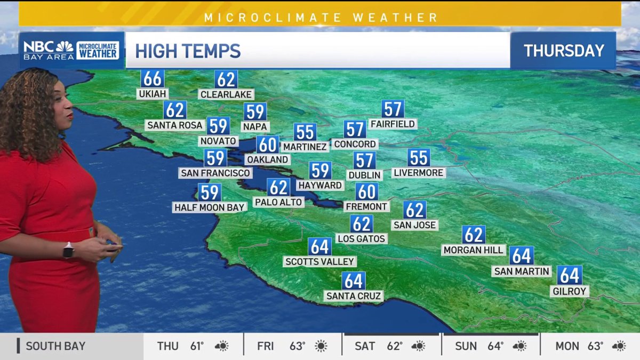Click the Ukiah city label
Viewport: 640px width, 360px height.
tap(153, 94)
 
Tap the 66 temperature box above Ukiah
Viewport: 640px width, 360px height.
tap(153, 79)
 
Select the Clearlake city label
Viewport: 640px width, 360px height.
tap(226, 94)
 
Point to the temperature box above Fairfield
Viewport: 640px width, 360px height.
tap(393, 109)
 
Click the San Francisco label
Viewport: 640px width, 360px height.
tap(215, 173)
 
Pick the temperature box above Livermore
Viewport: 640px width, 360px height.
tap(419, 158)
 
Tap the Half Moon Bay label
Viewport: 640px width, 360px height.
tap(210, 207)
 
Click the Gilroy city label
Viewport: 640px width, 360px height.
tap(570, 291)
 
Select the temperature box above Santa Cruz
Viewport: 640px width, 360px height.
tap(354, 281)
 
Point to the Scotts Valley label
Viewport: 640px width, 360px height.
tap(320, 261)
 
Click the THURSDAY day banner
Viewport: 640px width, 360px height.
tap(564, 51)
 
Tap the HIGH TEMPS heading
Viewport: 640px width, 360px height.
tap(188, 51)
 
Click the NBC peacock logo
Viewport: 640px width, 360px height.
tap(65, 46)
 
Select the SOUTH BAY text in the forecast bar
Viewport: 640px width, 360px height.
tap(55, 346)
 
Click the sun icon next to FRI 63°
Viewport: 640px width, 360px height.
tap(321, 346)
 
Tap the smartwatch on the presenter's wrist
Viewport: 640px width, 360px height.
tap(68, 250)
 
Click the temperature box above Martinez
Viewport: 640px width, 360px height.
tap(305, 132)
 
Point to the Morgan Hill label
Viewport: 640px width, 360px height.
tap(474, 250)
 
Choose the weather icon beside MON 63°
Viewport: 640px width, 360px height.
tap(619, 346)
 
